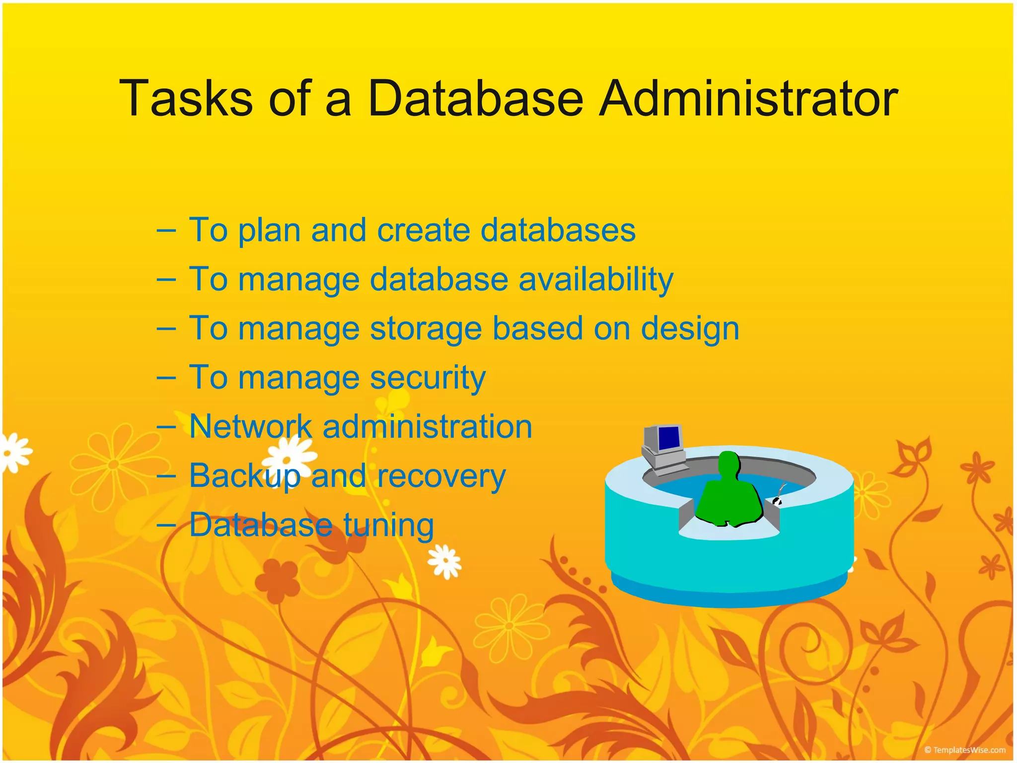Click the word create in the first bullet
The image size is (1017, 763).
pyautogui.click(x=423, y=230)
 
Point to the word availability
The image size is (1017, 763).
pyautogui.click(x=596, y=280)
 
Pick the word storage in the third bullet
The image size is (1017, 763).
pyautogui.click(x=426, y=329)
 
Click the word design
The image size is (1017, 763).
pyautogui.click(x=690, y=329)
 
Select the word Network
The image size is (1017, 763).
pyautogui.click(x=250, y=427)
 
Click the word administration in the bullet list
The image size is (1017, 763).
pyautogui.click(x=427, y=427)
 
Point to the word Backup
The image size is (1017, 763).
pyautogui.click(x=244, y=476)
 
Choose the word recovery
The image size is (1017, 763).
pyautogui.click(x=441, y=476)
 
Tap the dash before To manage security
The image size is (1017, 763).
pyautogui.click(x=166, y=378)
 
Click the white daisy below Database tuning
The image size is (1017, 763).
pyautogui.click(x=445, y=561)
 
